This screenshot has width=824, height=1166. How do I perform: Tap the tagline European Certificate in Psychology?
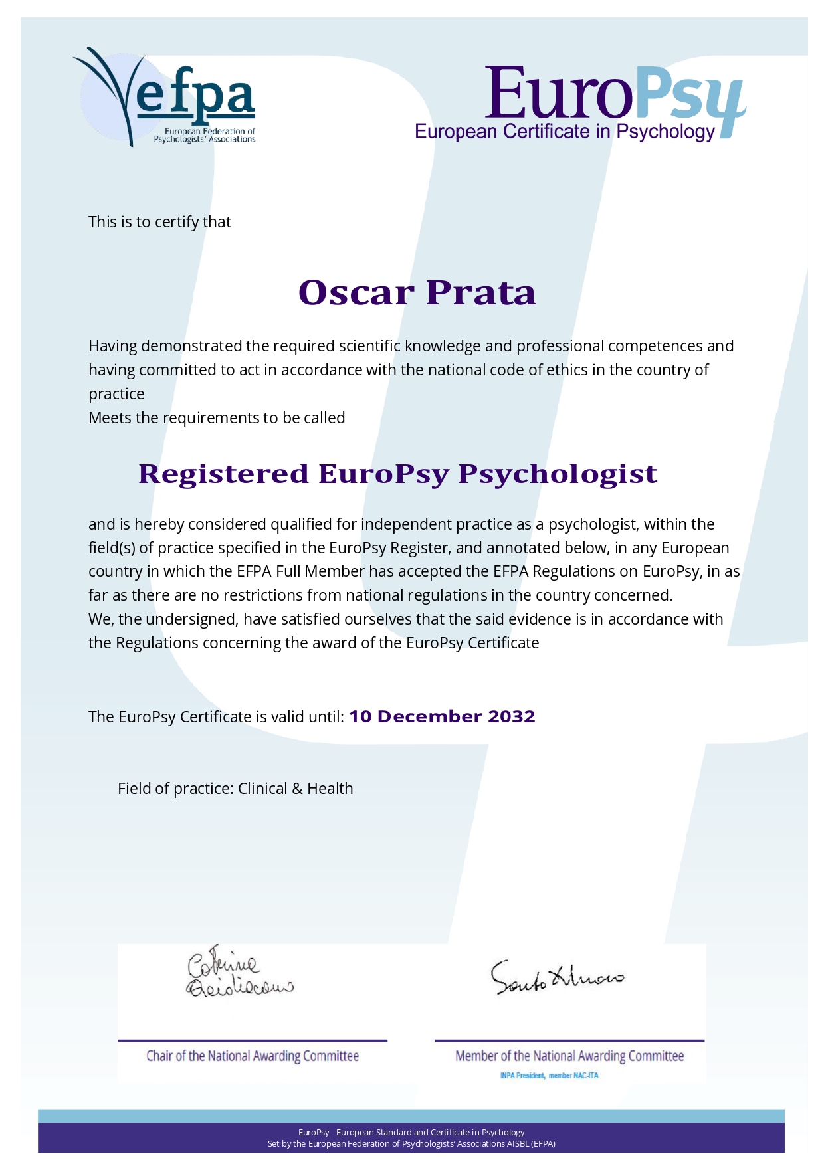[x=564, y=132]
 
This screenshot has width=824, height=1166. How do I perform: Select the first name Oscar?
[x=356, y=293]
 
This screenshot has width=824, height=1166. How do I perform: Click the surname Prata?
[x=480, y=293]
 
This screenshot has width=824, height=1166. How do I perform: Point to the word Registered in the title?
[x=223, y=474]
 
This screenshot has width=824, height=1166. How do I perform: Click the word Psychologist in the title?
[x=558, y=474]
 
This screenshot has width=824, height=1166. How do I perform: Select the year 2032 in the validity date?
[x=511, y=716]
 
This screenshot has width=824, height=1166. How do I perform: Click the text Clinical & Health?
[x=296, y=789]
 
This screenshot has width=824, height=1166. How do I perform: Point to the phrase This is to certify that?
[x=159, y=222]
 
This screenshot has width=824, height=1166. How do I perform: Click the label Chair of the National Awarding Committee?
[x=253, y=1056]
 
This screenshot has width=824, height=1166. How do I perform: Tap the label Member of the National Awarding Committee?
[x=569, y=1056]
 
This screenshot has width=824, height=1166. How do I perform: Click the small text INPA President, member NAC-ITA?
[x=549, y=1076]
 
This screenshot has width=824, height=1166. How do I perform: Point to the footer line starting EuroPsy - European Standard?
[x=411, y=1132]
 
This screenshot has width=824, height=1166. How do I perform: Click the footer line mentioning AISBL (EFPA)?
[x=411, y=1144]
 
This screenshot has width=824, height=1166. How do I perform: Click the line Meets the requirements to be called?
[x=217, y=418]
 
